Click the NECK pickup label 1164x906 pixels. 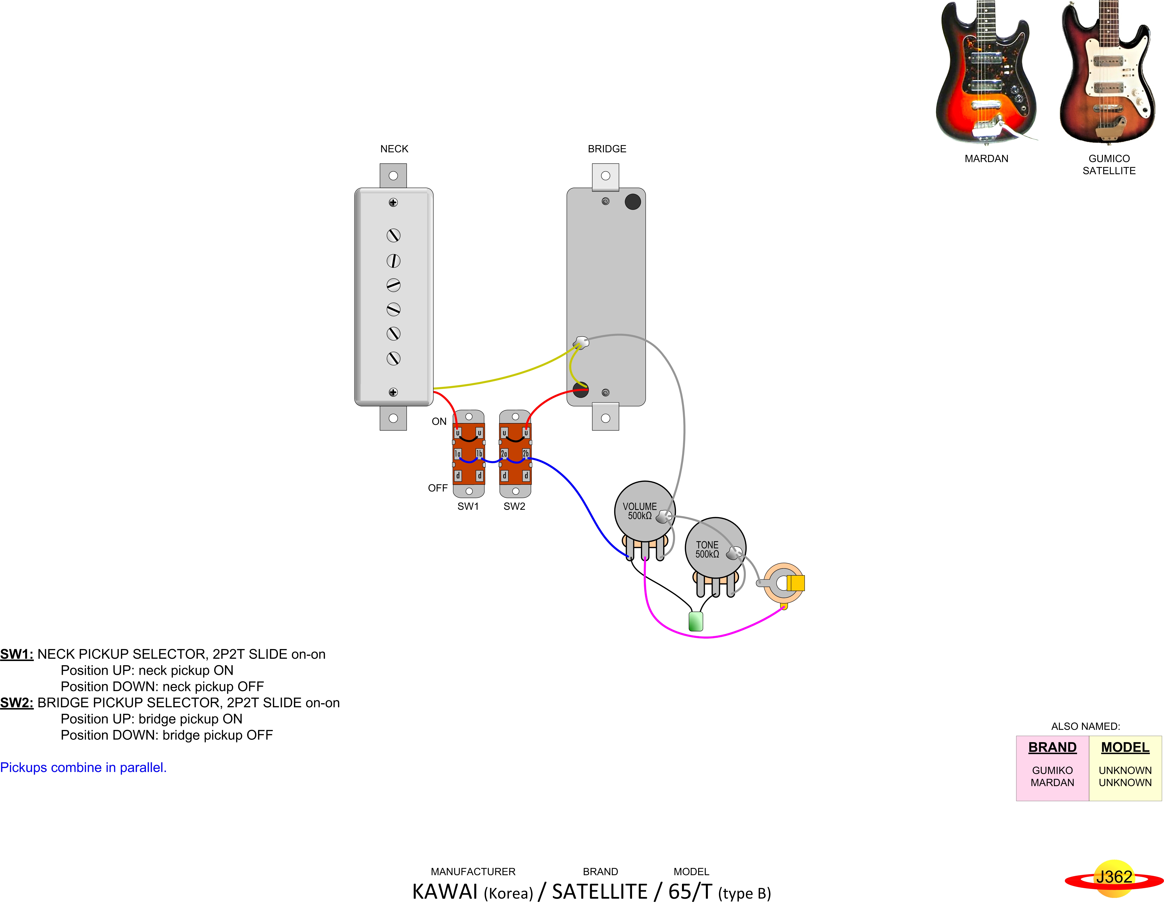point(394,149)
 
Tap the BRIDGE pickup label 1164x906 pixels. point(607,149)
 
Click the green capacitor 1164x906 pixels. point(696,621)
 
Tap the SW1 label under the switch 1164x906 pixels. point(468,506)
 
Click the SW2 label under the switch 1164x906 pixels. point(514,506)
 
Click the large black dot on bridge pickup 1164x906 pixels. point(633,202)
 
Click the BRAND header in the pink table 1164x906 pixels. point(1052,747)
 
